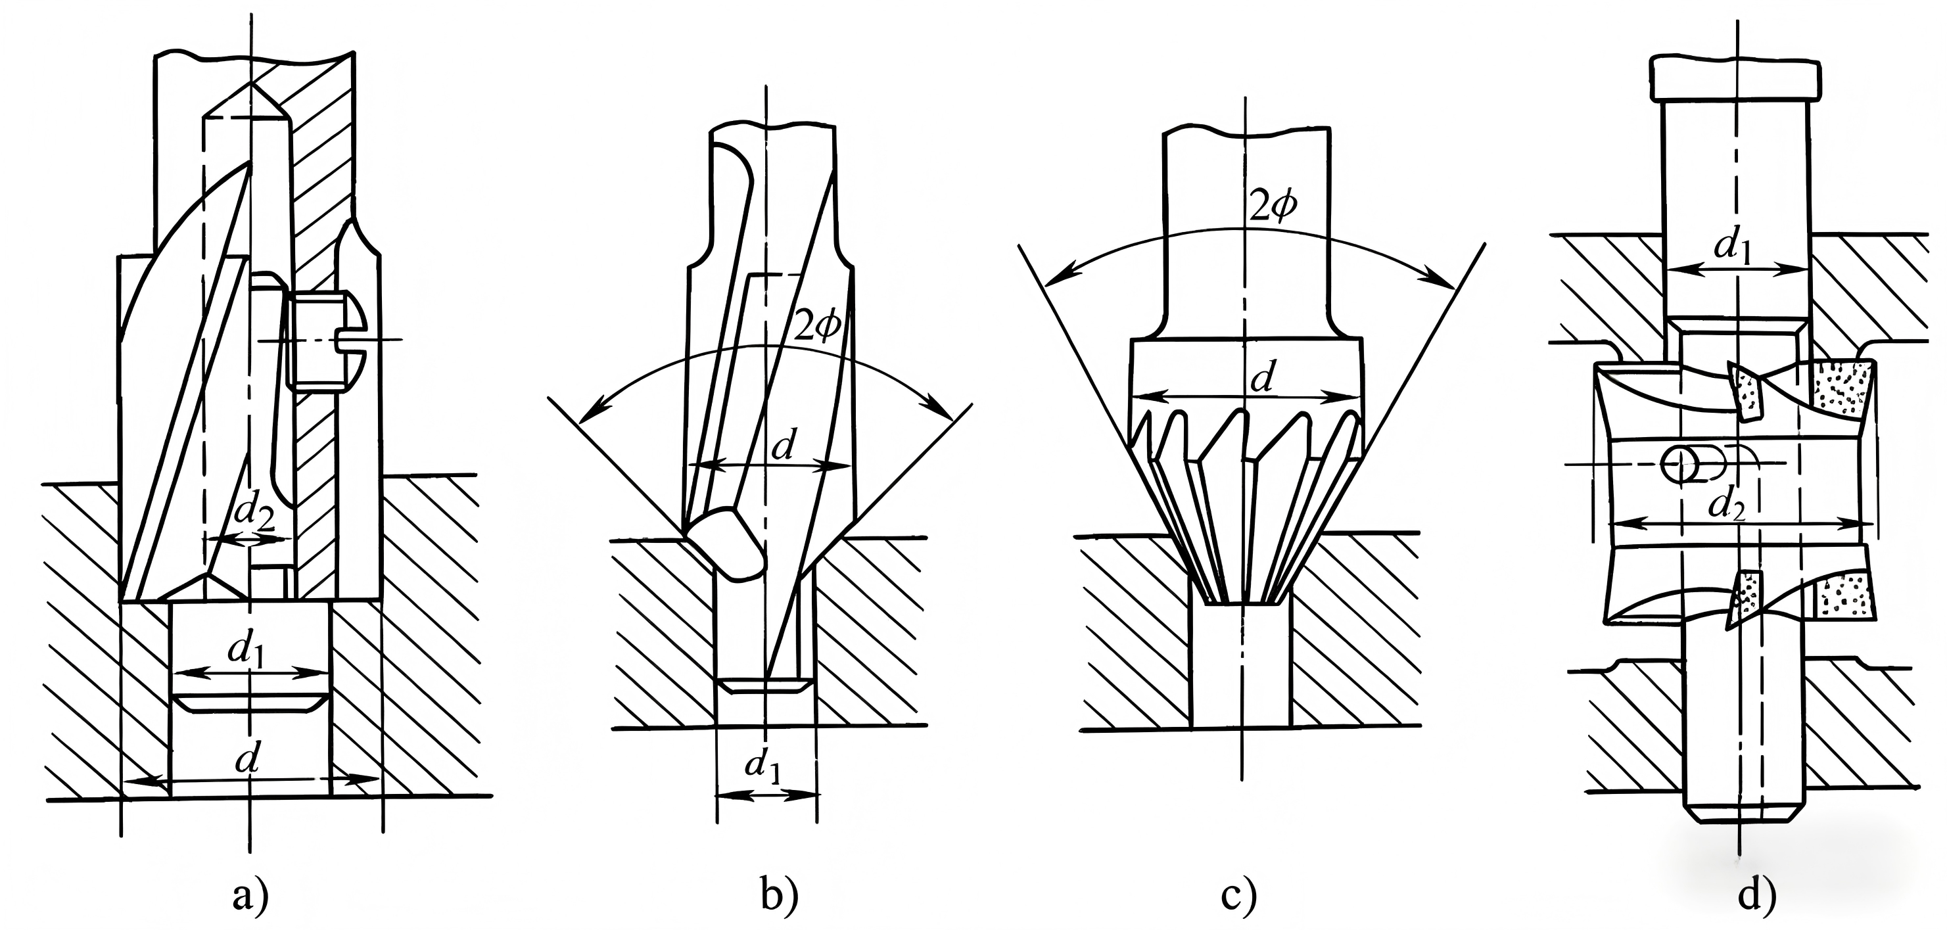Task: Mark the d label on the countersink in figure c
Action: tap(1261, 379)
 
